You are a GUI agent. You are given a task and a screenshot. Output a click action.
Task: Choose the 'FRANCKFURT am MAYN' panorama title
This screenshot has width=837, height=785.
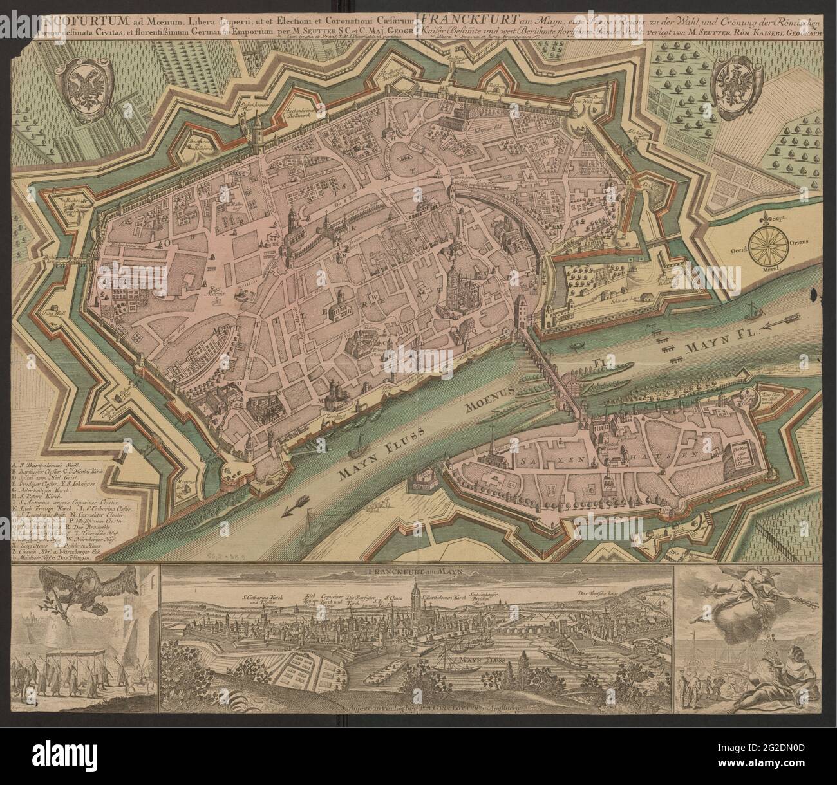coord(417,571)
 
